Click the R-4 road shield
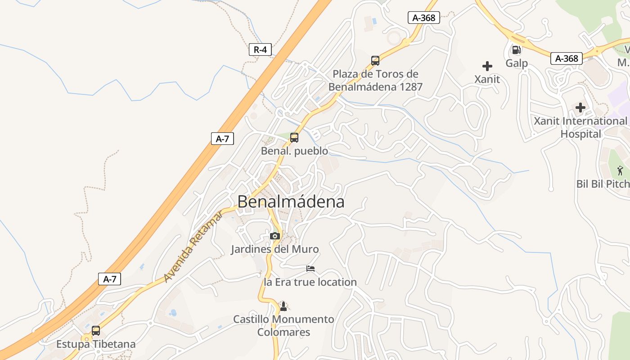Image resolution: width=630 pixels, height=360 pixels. click(260, 49)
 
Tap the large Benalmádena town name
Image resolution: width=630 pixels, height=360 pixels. click(291, 202)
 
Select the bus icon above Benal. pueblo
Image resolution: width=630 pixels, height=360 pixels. click(294, 138)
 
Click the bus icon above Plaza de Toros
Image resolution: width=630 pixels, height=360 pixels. click(375, 61)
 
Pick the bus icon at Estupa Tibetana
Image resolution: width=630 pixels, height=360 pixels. click(96, 331)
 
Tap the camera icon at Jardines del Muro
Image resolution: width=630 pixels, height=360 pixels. click(275, 236)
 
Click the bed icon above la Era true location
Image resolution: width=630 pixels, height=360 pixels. click(310, 269)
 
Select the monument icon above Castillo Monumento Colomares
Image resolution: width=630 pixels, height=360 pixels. click(283, 306)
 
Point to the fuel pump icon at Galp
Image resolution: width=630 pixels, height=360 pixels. click(516, 50)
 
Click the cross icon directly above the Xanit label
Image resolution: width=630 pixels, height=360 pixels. click(487, 66)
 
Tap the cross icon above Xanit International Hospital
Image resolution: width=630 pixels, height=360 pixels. click(580, 108)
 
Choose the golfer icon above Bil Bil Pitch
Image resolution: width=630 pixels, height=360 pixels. click(621, 171)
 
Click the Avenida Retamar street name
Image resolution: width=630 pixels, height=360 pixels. click(193, 247)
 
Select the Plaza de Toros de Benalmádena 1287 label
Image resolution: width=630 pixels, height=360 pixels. click(376, 81)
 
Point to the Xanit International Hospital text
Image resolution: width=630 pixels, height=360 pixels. click(580, 127)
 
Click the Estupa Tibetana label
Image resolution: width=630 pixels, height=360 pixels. click(96, 344)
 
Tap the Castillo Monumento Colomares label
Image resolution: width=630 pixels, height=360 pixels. click(283, 326)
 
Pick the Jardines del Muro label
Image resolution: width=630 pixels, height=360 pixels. click(275, 249)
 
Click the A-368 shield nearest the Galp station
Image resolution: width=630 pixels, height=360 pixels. click(567, 58)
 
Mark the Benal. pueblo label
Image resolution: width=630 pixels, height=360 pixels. click(294, 151)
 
